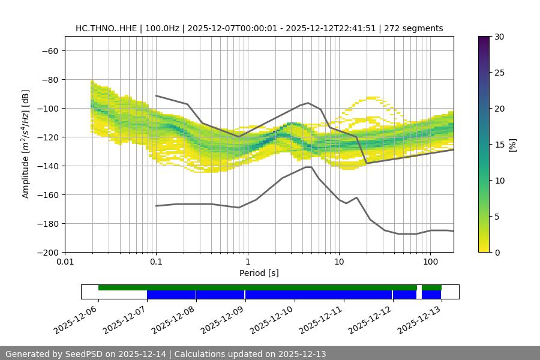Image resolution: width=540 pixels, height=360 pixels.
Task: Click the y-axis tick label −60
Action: pos(49,51)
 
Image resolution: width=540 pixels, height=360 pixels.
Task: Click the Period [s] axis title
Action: pos(259,274)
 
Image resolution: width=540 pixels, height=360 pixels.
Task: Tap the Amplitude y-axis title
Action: pos(26,144)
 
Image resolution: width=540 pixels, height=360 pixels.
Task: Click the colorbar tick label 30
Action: pos(499,37)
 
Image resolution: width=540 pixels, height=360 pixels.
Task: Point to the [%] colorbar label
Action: pos(513,145)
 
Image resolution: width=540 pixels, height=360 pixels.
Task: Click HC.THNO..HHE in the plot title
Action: pos(106,28)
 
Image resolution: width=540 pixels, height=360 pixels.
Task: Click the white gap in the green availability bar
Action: pos(419,287)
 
